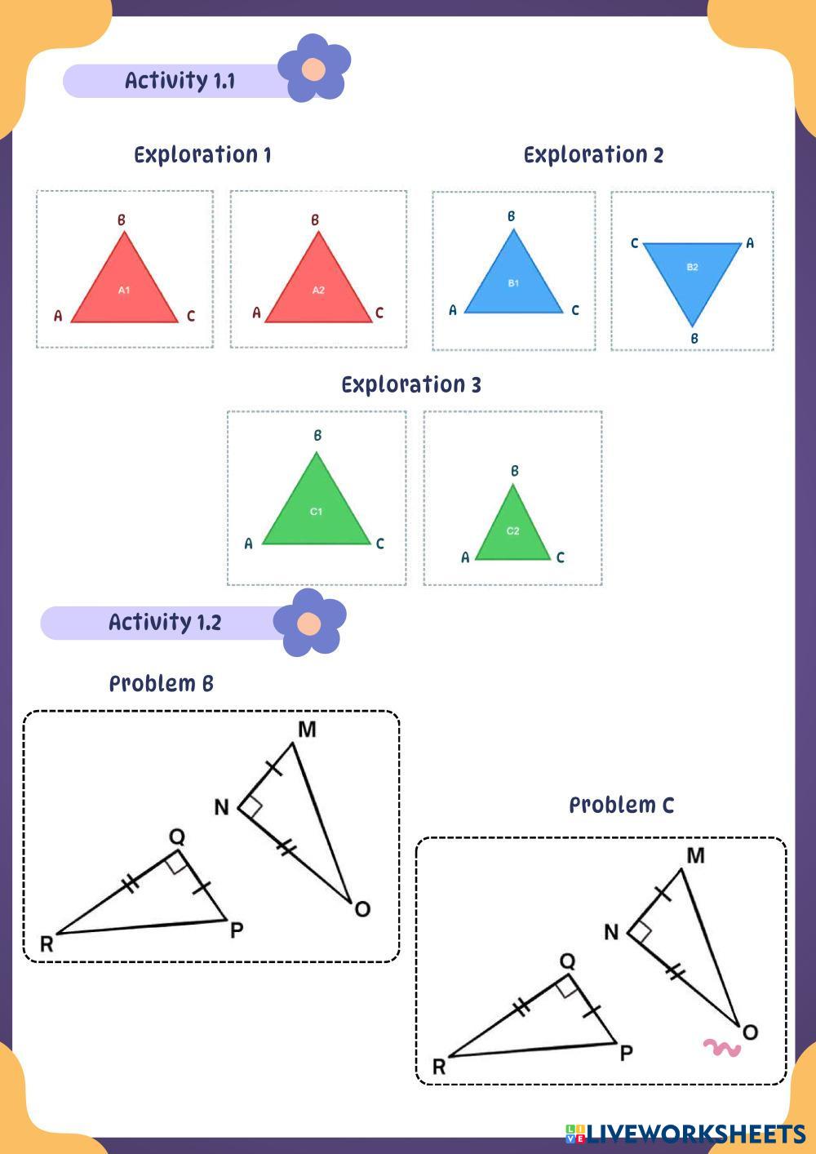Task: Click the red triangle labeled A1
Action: pos(124,290)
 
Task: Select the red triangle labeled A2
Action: pos(318,290)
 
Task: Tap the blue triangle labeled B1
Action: pos(513,283)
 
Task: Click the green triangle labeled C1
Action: pos(317,512)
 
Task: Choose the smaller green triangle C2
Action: pos(512,531)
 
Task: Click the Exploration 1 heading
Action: pos(202,155)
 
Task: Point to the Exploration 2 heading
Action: pos(593,155)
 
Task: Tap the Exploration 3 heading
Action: pos(411,384)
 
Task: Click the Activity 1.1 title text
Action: pos(180,81)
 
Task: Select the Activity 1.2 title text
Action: pos(165,623)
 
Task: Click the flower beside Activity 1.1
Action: pos(314,69)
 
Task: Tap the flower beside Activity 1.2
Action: pos(309,624)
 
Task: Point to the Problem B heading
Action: pos(162,684)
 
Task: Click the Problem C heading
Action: pos(621,806)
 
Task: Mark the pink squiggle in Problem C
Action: pos(722,1047)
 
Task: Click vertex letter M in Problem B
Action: pos(307,730)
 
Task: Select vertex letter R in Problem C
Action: pos(439,1067)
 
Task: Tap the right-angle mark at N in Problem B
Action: pos(252,807)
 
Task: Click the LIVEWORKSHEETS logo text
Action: pos(696,1134)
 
